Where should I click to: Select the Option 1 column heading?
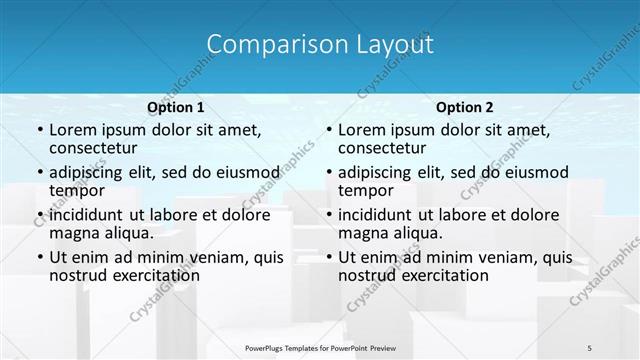(176, 107)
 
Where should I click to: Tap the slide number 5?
(590, 347)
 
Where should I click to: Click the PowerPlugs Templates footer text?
(320, 347)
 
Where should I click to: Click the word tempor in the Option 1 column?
(75, 191)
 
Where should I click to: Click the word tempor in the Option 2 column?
(364, 191)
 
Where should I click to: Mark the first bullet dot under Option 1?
(39, 131)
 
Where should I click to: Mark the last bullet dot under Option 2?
(328, 257)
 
